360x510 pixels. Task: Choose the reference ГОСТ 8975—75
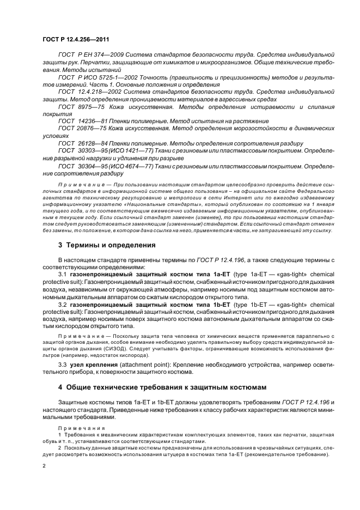click(78, 107)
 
